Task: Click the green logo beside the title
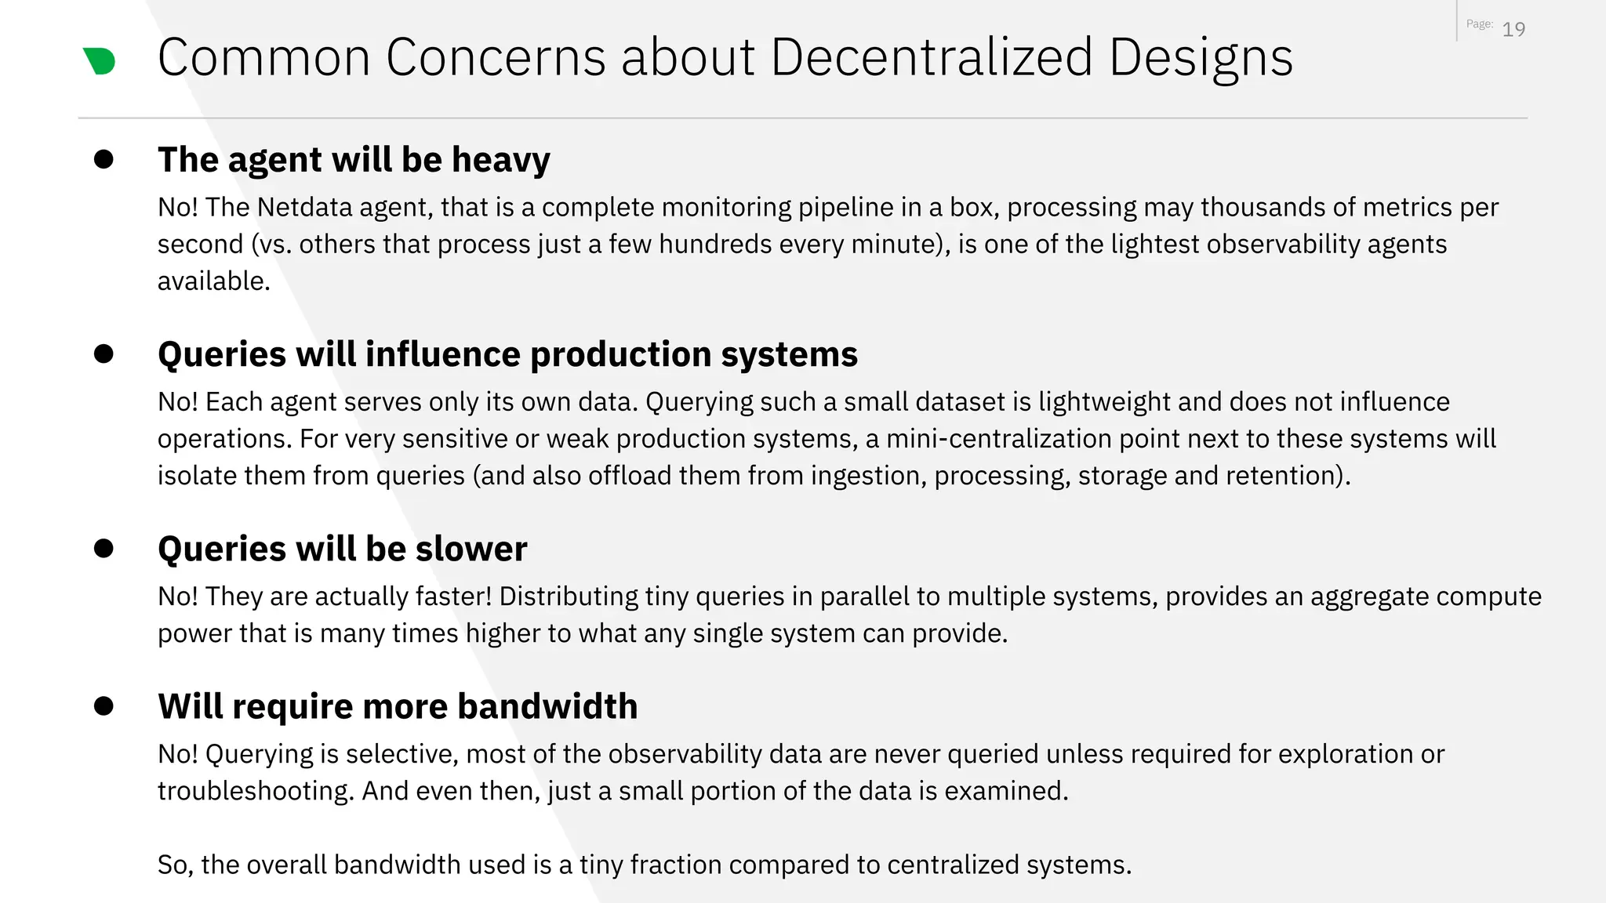pyautogui.click(x=100, y=60)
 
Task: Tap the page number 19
pyautogui.click(x=1513, y=30)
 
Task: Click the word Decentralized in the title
pyautogui.click(x=932, y=57)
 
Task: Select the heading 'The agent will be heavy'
pyautogui.click(x=354, y=160)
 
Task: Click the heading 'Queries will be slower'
pyautogui.click(x=342, y=549)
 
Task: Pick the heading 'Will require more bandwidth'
pyautogui.click(x=398, y=706)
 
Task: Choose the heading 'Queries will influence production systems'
pyautogui.click(x=507, y=354)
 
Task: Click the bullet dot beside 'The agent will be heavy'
pyautogui.click(x=104, y=159)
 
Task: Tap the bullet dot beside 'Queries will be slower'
pyautogui.click(x=104, y=548)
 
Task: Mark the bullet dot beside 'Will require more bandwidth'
pyautogui.click(x=104, y=705)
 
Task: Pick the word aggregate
pyautogui.click(x=1368, y=597)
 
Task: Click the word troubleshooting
pyautogui.click(x=256, y=791)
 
